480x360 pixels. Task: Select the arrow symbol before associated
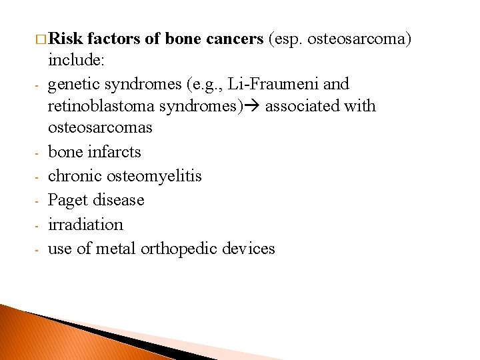coord(254,106)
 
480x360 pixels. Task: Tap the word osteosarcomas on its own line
coord(100,127)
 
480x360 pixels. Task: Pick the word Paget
coord(69,200)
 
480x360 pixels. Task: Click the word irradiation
coord(85,225)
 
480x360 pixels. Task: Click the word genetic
coord(72,84)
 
